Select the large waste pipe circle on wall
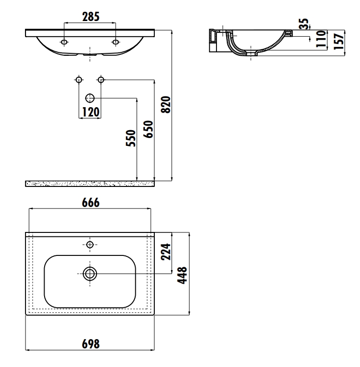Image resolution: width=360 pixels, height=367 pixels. click(90, 98)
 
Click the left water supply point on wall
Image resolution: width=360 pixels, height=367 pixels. click(78, 79)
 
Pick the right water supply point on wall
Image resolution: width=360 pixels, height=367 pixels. click(101, 79)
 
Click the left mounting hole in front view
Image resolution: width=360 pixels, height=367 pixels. click(64, 43)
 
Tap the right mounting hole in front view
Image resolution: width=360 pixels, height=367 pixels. click(116, 43)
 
